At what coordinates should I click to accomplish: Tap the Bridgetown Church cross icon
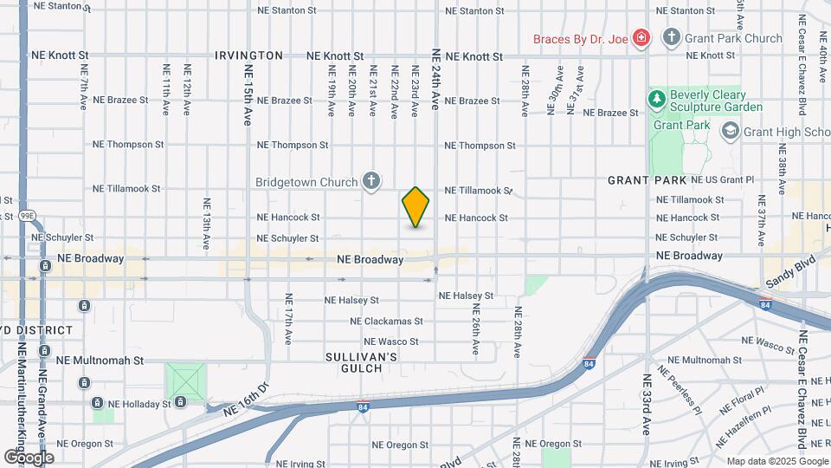coord(371,181)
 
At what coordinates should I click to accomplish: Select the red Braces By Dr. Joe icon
coord(641,38)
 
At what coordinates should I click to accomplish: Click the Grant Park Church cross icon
coord(671,37)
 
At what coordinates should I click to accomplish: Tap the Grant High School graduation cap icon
coord(730,131)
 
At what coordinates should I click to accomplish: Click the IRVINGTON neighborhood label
coord(248,55)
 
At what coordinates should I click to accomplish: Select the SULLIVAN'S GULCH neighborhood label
coord(361,362)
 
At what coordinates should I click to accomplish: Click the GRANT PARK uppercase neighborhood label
coord(647,180)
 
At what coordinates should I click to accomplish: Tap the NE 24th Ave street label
coord(436,78)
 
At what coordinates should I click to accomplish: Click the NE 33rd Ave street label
coord(646,404)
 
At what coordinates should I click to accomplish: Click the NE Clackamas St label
coord(384,322)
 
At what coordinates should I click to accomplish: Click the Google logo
coord(29,457)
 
